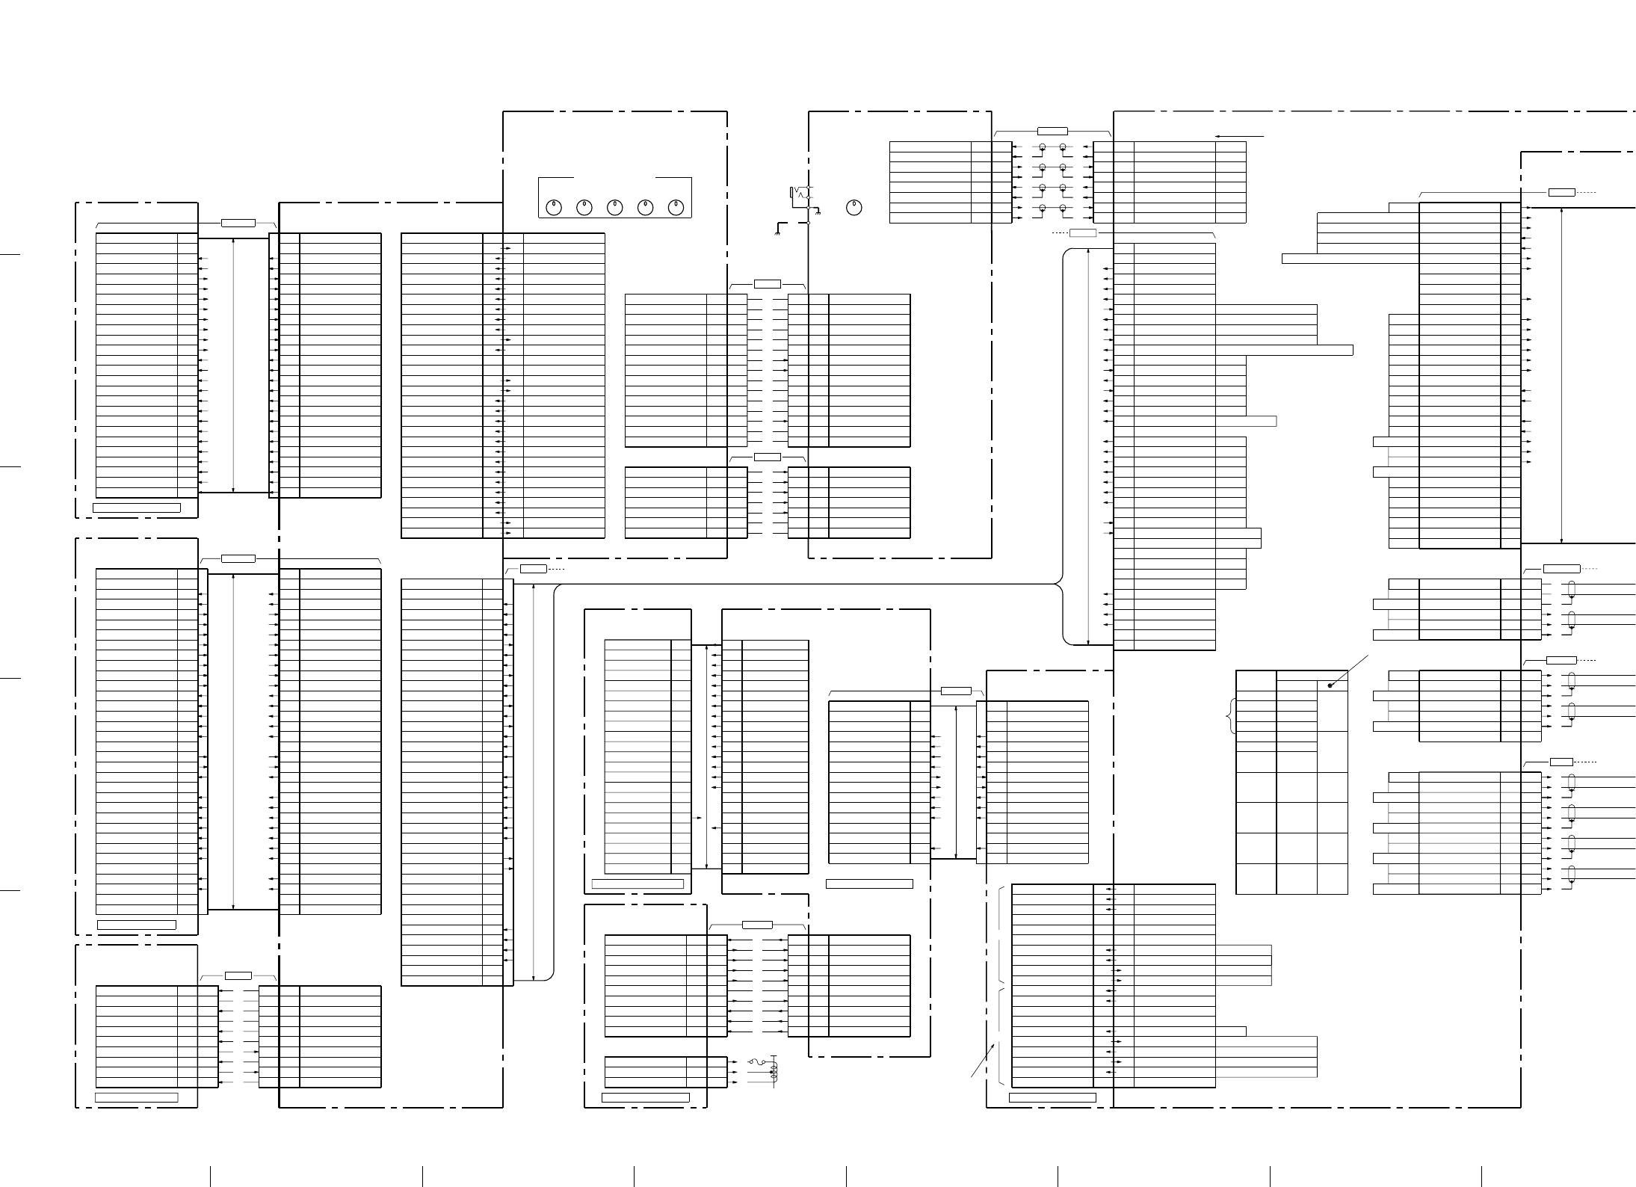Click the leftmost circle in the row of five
[x=554, y=208]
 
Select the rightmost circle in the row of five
[x=676, y=208]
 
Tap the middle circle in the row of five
[x=615, y=208]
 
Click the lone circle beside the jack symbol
[x=855, y=208]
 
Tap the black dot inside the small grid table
[x=1330, y=685]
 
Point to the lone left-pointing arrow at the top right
[x=1239, y=137]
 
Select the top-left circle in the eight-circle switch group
[x=1043, y=147]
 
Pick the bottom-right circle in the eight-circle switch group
[x=1062, y=208]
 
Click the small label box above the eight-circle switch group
[x=1052, y=131]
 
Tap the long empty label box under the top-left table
[x=136, y=508]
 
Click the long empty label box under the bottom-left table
[x=137, y=1097]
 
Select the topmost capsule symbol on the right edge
[x=1572, y=591]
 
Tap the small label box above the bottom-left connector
[x=238, y=975]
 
